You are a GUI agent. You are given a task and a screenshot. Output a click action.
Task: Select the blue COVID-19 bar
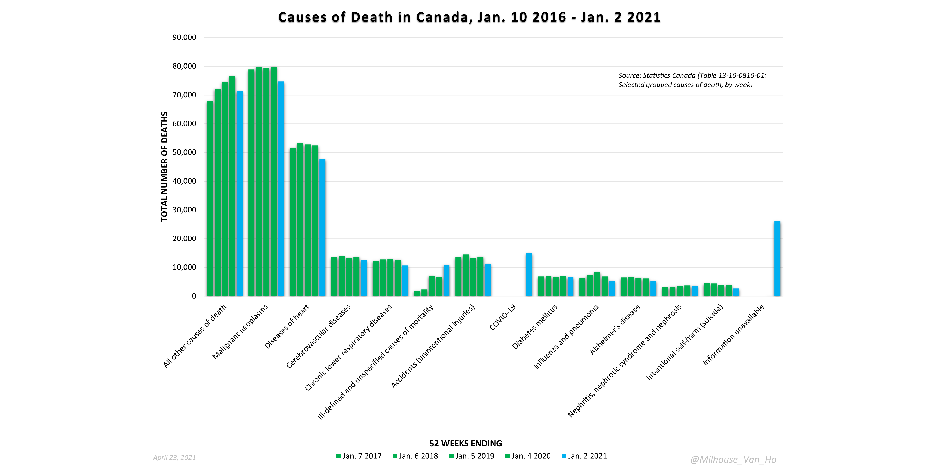pos(529,275)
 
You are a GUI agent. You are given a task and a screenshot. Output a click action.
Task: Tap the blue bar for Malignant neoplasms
pos(281,189)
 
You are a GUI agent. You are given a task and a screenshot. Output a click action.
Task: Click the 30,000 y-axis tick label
pos(184,210)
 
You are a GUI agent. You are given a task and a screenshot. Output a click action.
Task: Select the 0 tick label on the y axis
pos(194,296)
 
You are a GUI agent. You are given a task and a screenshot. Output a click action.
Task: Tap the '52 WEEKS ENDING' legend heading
pos(466,443)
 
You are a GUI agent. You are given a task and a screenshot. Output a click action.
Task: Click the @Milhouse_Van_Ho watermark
pos(733,459)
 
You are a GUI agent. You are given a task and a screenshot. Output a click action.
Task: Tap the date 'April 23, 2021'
pos(174,458)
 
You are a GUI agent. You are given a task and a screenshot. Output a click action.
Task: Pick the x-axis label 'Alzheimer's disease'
pos(615,329)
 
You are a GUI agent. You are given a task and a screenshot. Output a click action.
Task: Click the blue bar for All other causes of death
pos(239,194)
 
